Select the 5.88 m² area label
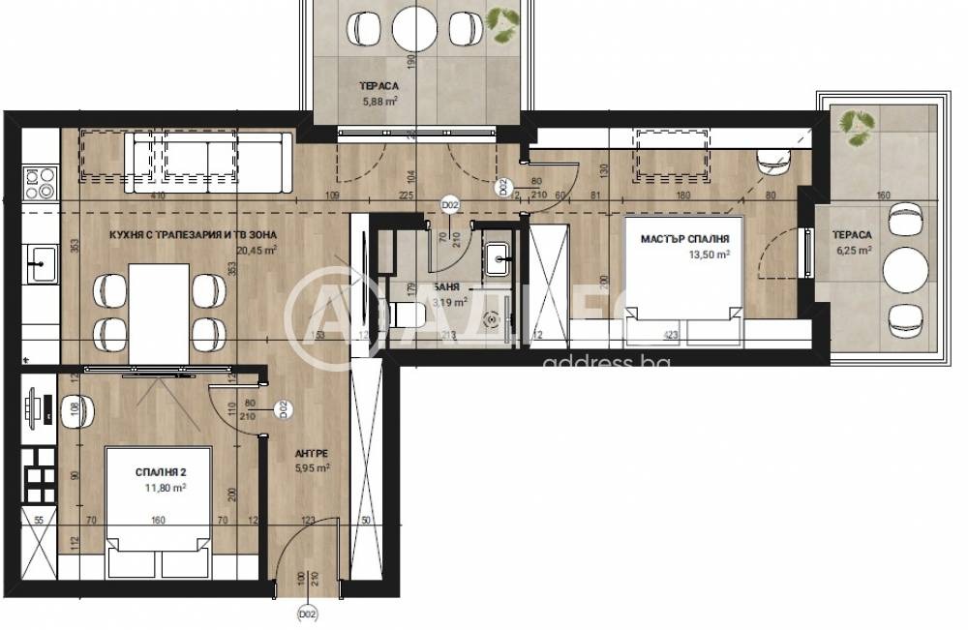pos(379,99)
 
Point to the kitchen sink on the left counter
pos(43,260)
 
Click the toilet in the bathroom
pos(408,314)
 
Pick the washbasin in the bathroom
pos(499,255)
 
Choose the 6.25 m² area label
pos(856,250)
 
